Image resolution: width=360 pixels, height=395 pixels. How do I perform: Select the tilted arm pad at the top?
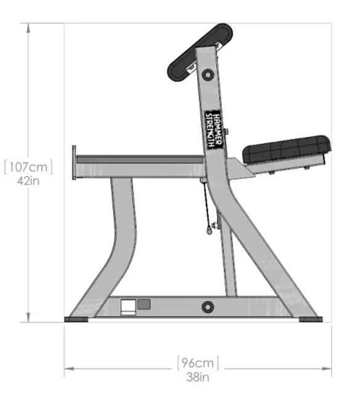(198, 52)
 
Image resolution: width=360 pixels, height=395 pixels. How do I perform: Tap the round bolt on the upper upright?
(207, 75)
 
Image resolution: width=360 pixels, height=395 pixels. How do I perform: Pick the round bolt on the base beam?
(208, 307)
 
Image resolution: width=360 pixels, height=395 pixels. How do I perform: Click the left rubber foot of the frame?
(77, 319)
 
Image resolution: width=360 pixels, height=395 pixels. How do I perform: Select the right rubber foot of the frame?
(310, 319)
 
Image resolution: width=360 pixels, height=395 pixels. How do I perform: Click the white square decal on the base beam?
(128, 307)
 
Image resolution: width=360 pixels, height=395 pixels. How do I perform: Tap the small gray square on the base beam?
(144, 304)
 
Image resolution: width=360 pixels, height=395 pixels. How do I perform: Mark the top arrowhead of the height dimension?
(28, 27)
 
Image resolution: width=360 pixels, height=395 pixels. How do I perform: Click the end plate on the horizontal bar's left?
(74, 164)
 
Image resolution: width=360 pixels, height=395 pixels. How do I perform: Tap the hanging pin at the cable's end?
(210, 231)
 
